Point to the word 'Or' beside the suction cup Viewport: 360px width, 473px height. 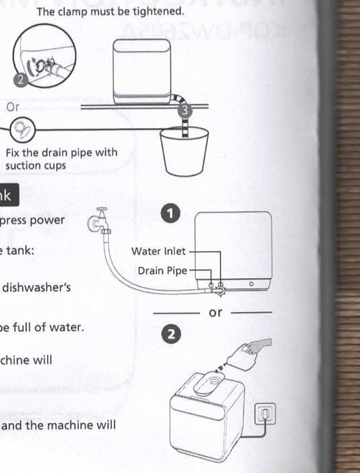(x=13, y=107)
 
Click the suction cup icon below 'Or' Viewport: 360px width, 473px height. (x=23, y=130)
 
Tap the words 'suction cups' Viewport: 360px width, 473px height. (x=35, y=166)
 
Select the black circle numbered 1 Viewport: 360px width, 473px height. (x=170, y=214)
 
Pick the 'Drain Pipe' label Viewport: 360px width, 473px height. (x=162, y=271)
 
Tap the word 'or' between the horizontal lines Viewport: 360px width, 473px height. (x=215, y=313)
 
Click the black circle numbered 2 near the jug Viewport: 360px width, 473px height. (x=170, y=335)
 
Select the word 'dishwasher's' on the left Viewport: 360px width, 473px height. (x=37, y=287)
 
